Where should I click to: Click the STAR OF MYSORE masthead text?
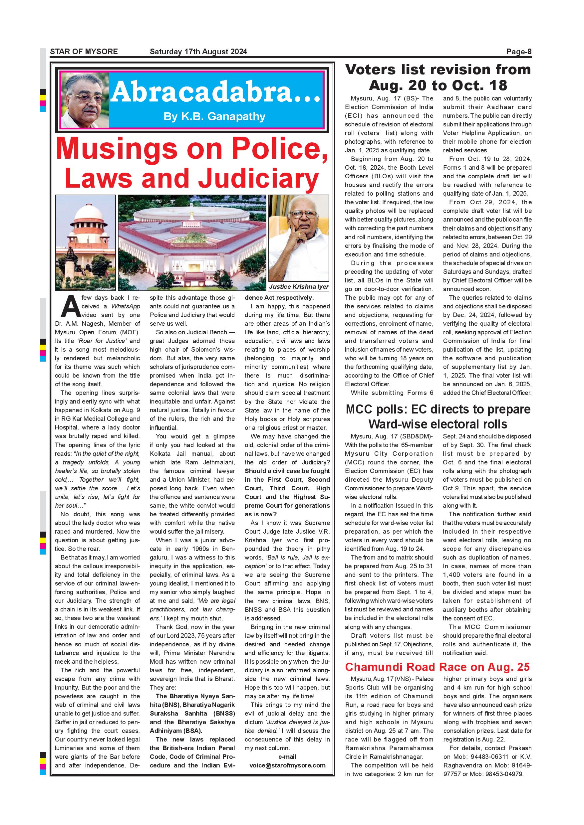point(84,51)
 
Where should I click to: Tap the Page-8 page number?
point(518,51)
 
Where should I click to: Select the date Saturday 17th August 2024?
point(198,51)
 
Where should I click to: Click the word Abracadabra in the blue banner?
point(215,92)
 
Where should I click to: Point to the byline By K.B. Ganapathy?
point(214,116)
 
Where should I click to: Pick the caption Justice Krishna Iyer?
point(299,286)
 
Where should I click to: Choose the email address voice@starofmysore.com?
point(287,765)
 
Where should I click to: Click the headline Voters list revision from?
point(438,69)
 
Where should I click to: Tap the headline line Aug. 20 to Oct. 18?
point(438,85)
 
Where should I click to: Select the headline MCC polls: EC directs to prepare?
point(438,409)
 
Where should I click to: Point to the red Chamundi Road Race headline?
point(437,667)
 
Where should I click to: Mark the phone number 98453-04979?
point(507,774)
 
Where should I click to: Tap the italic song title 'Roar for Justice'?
point(102,341)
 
